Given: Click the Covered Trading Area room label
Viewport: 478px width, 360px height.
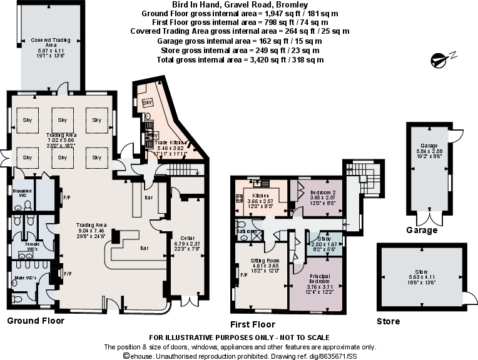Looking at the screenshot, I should [43, 42].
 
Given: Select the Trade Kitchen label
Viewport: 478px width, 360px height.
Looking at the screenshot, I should [171, 142].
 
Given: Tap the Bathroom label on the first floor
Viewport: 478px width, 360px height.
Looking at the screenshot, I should [247, 231].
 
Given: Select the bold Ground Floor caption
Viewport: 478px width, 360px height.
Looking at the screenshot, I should [35, 321].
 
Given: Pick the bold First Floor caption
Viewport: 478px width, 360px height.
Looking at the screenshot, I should [253, 324].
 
